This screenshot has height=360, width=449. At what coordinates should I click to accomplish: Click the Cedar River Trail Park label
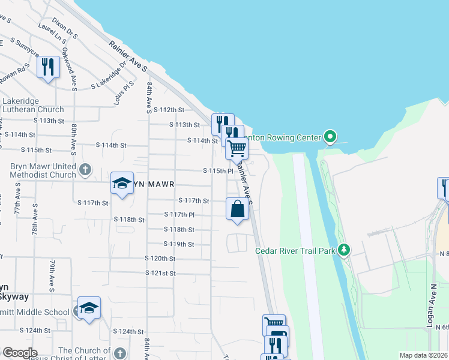click(295, 251)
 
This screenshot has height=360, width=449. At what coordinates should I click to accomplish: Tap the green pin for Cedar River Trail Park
click(344, 249)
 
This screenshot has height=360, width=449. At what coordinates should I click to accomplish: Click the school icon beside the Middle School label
click(89, 308)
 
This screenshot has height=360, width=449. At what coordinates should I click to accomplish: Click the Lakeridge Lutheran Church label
click(33, 105)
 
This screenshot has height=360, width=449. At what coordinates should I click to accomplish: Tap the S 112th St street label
click(168, 110)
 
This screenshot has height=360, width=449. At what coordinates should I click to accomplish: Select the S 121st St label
click(160, 273)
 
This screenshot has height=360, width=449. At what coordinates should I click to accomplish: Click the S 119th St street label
click(179, 244)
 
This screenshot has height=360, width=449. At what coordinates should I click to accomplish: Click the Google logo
click(19, 353)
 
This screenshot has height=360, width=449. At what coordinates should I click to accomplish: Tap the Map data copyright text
click(424, 355)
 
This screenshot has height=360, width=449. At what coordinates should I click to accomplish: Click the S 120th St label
click(160, 258)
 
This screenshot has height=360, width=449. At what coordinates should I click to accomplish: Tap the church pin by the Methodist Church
click(85, 169)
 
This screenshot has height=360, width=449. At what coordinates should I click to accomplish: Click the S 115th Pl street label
click(218, 171)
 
